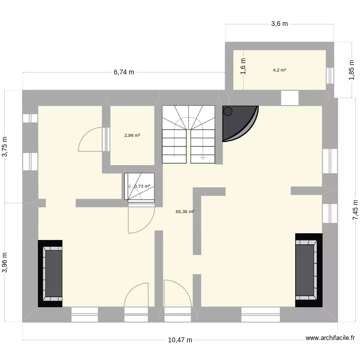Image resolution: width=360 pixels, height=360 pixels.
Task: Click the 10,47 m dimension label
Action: click(180, 340)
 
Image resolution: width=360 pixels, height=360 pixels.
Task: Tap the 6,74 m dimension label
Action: click(124, 72)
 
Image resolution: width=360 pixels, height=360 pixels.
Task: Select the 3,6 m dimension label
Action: click(279, 24)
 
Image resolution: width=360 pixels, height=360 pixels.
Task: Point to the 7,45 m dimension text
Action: click(355, 210)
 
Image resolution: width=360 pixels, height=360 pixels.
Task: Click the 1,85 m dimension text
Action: click(351, 72)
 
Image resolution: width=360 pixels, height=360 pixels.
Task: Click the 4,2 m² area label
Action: click(279, 70)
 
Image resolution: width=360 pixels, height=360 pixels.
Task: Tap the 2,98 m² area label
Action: click(132, 135)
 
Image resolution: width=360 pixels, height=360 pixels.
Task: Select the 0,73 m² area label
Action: click(142, 186)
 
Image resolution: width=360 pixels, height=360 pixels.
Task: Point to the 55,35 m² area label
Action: click(185, 211)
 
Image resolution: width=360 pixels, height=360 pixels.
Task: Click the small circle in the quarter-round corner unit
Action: click(228, 111)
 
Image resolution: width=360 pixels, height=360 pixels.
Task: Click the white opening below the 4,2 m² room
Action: click(289, 98)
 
